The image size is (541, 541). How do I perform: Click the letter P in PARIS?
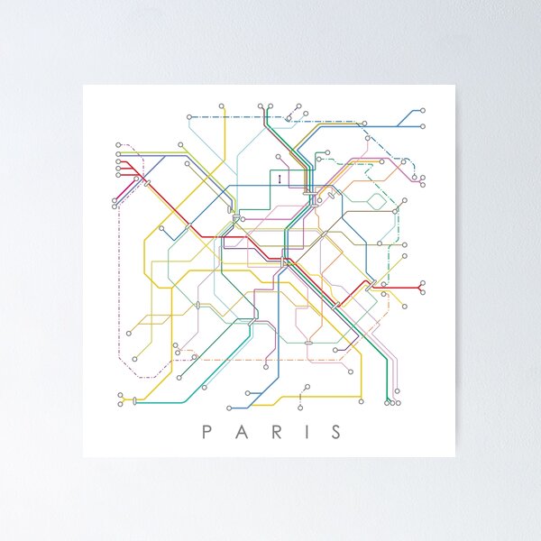tap(206, 432)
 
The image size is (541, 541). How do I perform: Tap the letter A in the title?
tap(241, 432)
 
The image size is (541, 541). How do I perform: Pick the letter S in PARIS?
tap(336, 432)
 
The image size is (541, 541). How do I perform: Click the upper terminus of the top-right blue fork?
tap(423, 110)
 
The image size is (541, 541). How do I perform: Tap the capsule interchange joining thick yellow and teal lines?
tap(135, 400)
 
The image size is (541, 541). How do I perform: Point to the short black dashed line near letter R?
tap(298, 397)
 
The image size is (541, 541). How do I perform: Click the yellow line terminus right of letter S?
tap(362, 402)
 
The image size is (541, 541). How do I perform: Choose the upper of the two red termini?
tap(423, 282)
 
